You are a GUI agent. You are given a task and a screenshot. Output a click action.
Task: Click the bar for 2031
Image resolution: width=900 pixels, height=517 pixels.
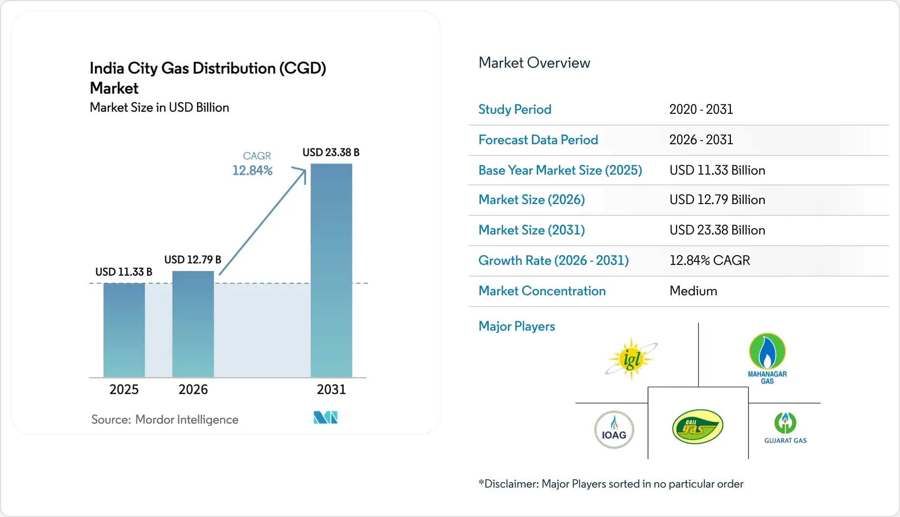tap(331, 270)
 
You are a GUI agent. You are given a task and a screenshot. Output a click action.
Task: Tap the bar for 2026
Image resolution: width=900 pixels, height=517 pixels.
tap(193, 324)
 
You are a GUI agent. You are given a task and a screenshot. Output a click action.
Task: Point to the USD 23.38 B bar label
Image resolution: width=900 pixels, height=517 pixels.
tap(331, 153)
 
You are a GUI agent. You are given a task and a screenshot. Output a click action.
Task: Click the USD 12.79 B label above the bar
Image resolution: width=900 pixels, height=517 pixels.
tap(193, 259)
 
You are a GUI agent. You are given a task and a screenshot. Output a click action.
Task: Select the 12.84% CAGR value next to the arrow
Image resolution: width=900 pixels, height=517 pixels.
tap(252, 170)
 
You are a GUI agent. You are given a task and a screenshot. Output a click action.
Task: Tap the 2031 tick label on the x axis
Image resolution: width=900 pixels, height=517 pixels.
tap(331, 389)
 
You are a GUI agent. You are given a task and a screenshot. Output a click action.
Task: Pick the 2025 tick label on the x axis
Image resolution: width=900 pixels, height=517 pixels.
tap(124, 389)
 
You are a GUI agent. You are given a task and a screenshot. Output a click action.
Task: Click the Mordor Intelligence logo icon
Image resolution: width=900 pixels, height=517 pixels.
tap(325, 417)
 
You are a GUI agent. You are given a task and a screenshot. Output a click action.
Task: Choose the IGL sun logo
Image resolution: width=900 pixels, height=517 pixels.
tap(631, 359)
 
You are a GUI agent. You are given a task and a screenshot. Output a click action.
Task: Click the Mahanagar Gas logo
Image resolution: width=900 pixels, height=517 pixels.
tap(767, 359)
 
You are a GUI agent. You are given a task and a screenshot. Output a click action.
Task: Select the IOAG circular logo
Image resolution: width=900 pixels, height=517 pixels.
tap(614, 430)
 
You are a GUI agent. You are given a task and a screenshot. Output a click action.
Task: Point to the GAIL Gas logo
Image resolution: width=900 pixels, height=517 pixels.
tap(698, 427)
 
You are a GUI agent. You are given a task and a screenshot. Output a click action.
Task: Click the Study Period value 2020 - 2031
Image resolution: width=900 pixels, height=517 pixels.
tap(701, 109)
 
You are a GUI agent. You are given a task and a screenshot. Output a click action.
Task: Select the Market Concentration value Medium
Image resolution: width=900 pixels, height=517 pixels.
tap(693, 291)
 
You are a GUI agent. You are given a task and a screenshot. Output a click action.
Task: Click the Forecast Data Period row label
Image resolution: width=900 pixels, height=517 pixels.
tap(538, 140)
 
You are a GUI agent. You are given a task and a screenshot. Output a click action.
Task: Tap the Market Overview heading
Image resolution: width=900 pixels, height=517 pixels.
tap(534, 63)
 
